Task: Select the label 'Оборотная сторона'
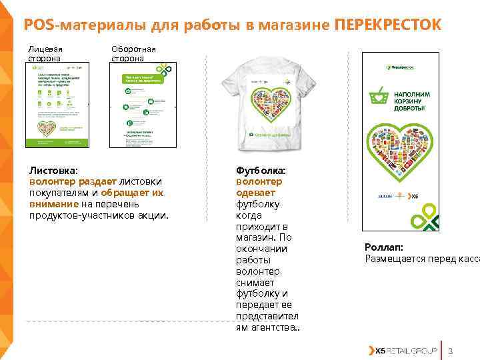tap(133, 53)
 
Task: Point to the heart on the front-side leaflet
tap(48, 127)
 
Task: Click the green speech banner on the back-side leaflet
tap(141, 79)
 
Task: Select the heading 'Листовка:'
tap(53, 171)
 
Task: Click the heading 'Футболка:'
tap(261, 171)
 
